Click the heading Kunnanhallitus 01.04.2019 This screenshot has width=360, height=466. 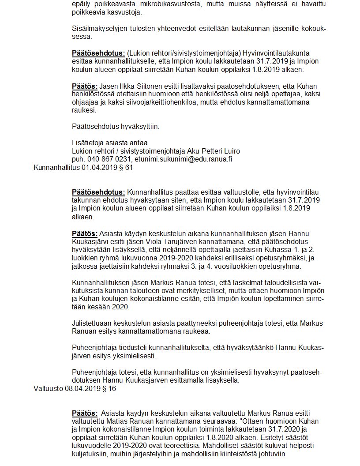point(83,168)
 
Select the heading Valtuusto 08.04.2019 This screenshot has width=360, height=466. point(75,388)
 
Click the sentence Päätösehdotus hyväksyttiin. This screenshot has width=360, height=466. point(115,127)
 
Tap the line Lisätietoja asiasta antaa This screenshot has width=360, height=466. point(109,143)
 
